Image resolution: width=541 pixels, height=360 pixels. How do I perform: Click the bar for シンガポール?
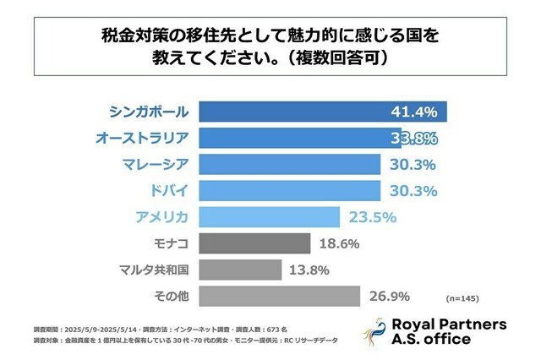click(321, 112)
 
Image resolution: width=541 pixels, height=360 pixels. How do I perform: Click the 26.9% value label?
click(390, 296)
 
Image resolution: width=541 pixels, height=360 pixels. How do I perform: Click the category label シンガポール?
click(150, 112)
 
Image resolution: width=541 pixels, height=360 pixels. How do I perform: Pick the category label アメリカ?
click(162, 217)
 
